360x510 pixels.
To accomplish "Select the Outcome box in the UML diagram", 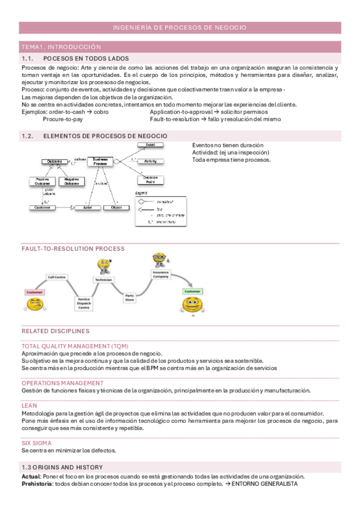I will [54, 161].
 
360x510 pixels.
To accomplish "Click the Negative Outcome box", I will [72, 181].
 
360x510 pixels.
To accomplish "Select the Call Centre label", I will [57, 277].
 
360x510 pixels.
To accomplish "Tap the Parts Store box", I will [129, 296].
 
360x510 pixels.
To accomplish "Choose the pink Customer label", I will [34, 292].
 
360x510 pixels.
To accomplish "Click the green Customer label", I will [192, 291].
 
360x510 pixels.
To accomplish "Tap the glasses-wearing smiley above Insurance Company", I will [159, 260].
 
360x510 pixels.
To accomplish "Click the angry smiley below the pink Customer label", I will [35, 304].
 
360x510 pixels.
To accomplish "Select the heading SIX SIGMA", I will [35, 443].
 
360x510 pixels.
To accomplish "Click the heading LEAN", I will [29, 405].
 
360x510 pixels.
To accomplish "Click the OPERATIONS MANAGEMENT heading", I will [63, 382].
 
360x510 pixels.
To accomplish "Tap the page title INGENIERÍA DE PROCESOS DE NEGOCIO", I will [180, 28].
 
